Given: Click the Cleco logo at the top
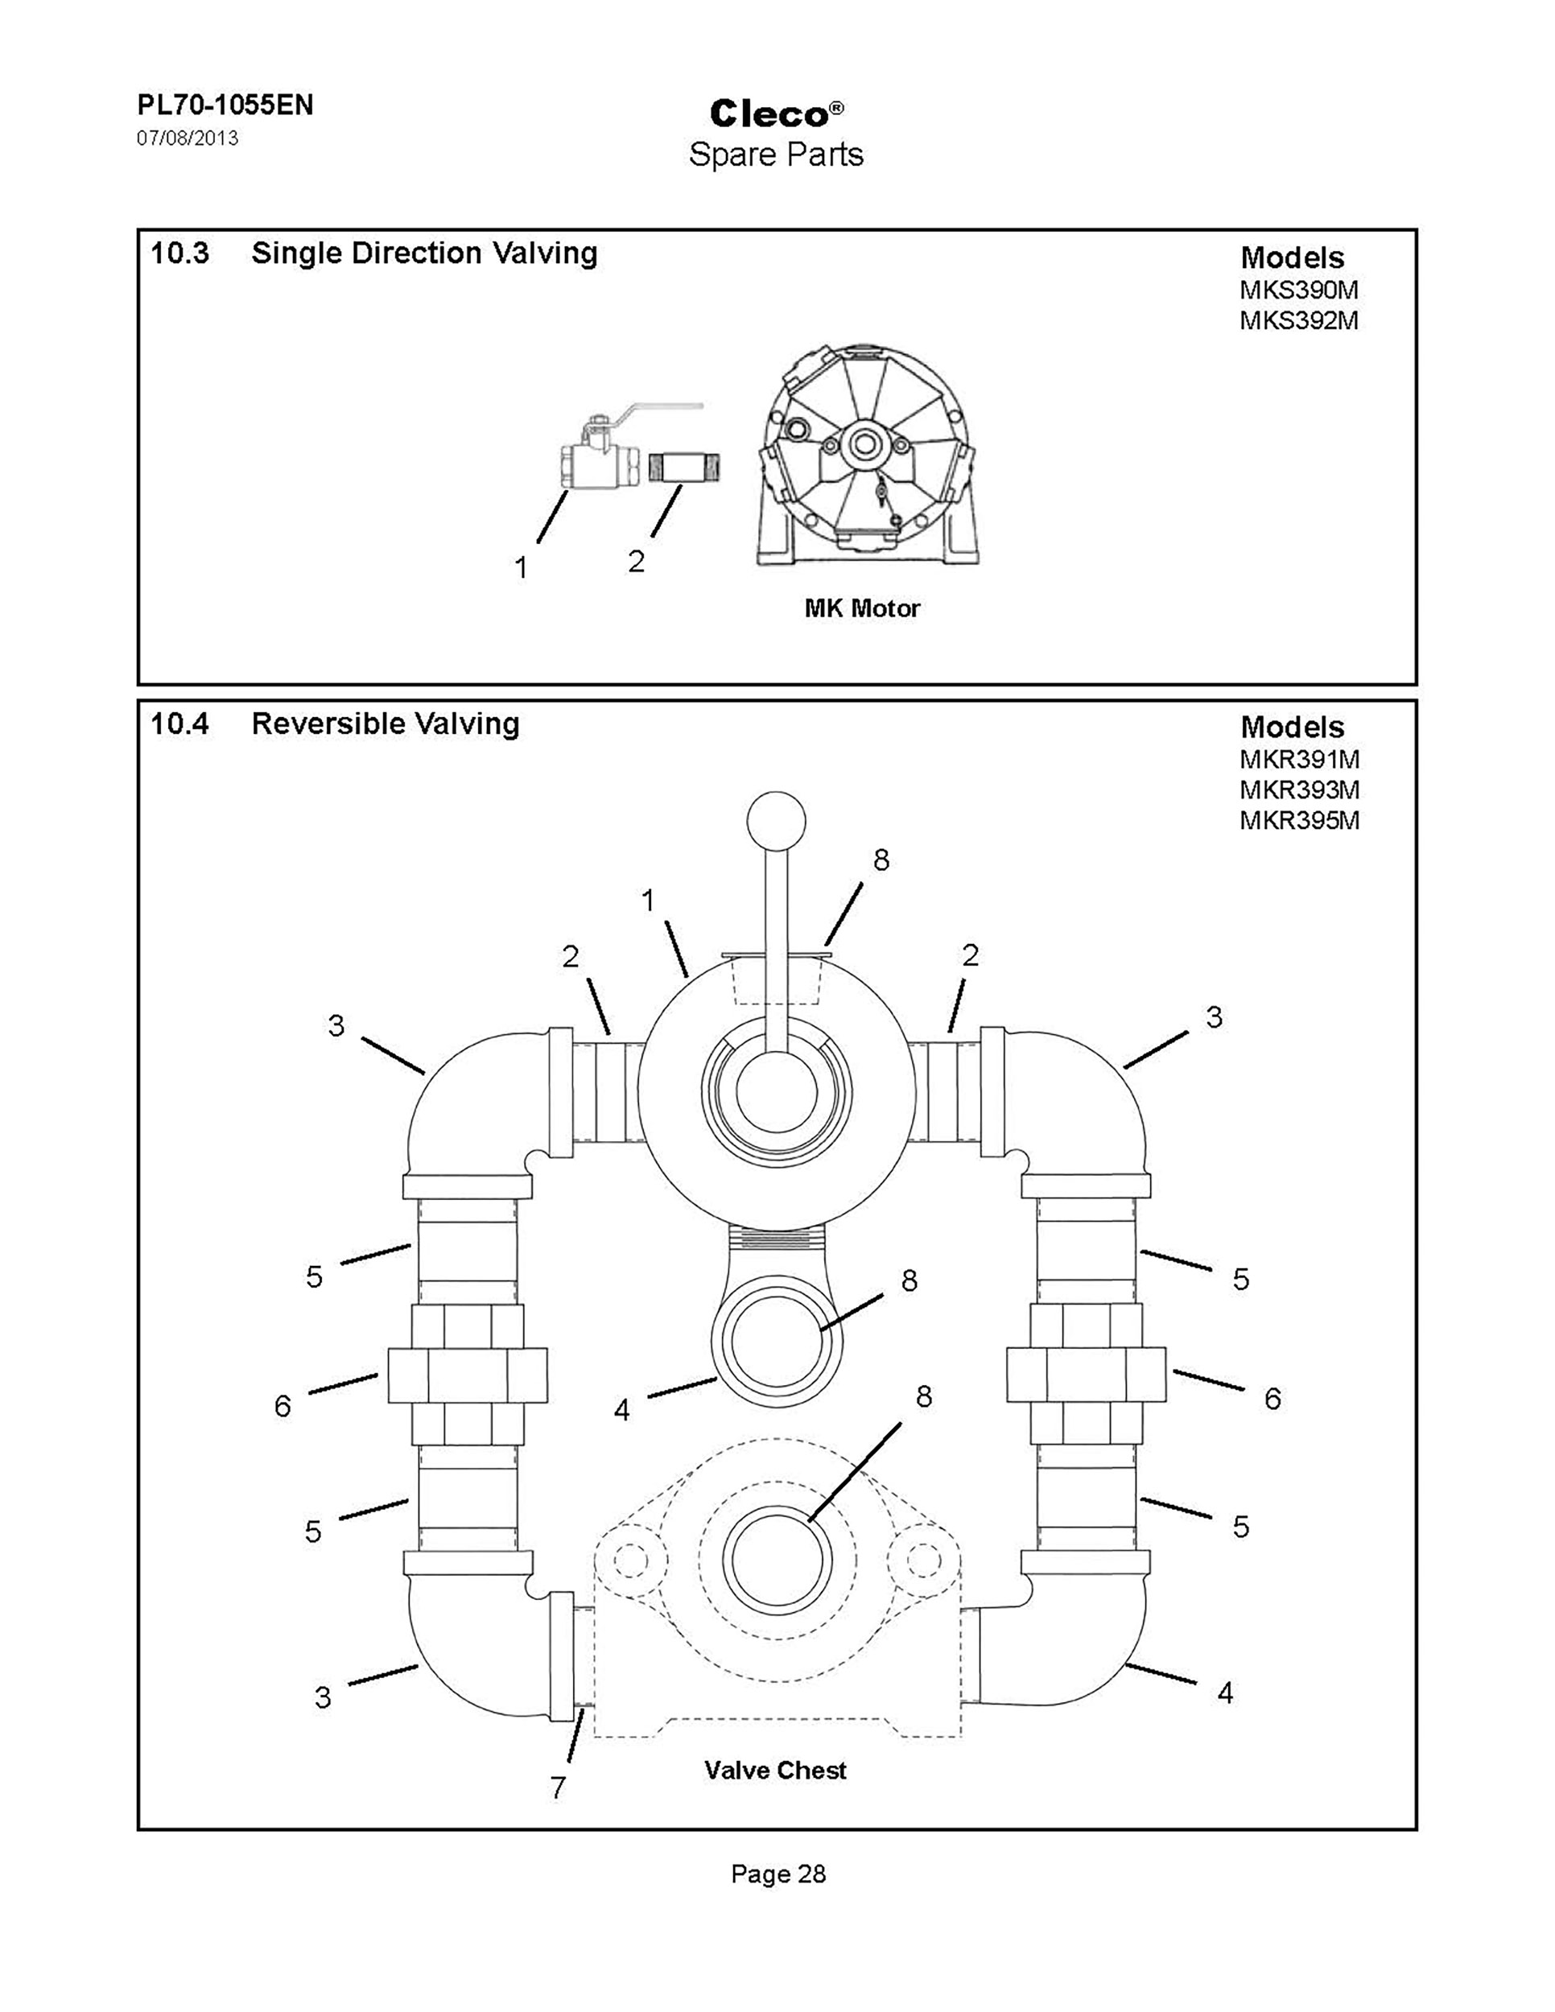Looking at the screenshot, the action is pyautogui.click(x=777, y=113).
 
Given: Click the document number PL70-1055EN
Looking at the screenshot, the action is pyautogui.click(x=225, y=105).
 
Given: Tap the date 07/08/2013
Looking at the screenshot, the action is pyautogui.click(x=188, y=138).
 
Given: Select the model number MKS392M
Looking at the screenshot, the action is pyautogui.click(x=1299, y=320).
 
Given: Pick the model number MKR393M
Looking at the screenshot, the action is pyautogui.click(x=1299, y=790).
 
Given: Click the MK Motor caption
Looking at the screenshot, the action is pyautogui.click(x=862, y=608).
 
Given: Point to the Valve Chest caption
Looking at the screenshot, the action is pyautogui.click(x=776, y=1770).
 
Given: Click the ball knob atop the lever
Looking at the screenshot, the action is pyautogui.click(x=777, y=820).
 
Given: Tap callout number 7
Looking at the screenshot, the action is pyautogui.click(x=559, y=1787).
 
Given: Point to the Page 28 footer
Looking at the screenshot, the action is pyautogui.click(x=778, y=1873).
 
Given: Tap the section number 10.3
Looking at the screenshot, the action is pyautogui.click(x=179, y=253).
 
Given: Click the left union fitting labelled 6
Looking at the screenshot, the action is pyautogui.click(x=468, y=1375).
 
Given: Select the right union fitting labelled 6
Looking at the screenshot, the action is pyautogui.click(x=1086, y=1375).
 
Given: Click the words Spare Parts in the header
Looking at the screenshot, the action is pyautogui.click(x=777, y=154).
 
